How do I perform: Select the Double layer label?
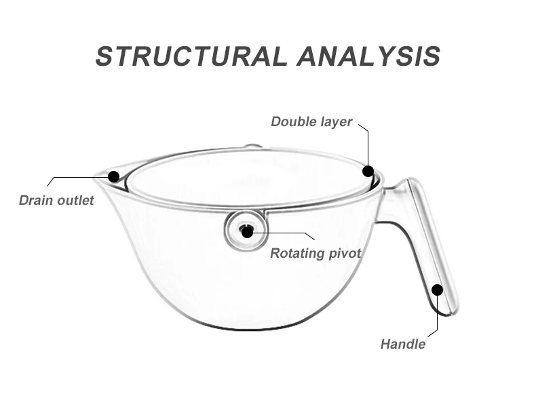(x=311, y=122)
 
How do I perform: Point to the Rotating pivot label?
(x=315, y=254)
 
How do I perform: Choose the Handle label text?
(x=402, y=344)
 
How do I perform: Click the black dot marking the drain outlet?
(x=114, y=176)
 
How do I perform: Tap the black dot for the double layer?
(x=368, y=171)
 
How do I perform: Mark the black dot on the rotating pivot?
(x=247, y=232)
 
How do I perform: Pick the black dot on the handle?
(x=437, y=290)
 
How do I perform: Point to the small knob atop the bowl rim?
(x=252, y=145)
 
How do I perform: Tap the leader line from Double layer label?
(x=368, y=146)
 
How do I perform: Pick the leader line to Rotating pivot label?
(x=285, y=233)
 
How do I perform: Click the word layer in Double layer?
(x=336, y=122)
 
